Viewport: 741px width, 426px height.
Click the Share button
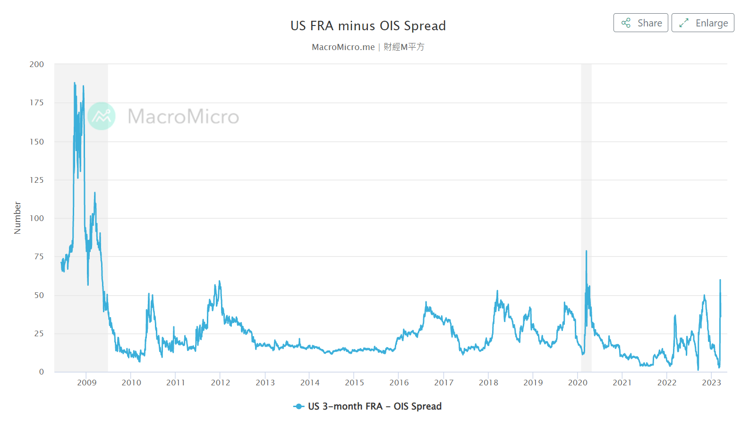[640, 23]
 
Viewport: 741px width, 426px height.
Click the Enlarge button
[702, 23]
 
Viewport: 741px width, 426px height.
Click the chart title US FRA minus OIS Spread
[368, 26]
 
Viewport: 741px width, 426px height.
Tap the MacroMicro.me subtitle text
[343, 47]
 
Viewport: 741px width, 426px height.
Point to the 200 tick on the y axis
[36, 64]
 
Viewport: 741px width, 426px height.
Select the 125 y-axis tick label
[36, 180]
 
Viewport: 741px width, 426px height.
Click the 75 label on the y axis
[39, 256]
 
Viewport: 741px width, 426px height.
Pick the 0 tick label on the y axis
[41, 372]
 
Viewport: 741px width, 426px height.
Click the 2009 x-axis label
[86, 383]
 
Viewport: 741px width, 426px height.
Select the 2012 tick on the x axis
[221, 383]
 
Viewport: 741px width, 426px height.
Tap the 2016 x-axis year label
[399, 383]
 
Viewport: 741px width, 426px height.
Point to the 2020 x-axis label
[578, 383]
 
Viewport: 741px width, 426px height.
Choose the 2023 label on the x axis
[711, 383]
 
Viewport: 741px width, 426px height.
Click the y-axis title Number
[17, 218]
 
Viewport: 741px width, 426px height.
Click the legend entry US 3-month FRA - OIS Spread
[374, 406]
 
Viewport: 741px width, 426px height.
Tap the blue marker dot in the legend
[298, 406]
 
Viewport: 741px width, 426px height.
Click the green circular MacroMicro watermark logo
[102, 116]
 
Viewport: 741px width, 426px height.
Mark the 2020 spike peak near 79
[587, 251]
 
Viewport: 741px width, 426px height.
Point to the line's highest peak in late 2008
[74, 83]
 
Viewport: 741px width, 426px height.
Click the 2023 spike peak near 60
[720, 280]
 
